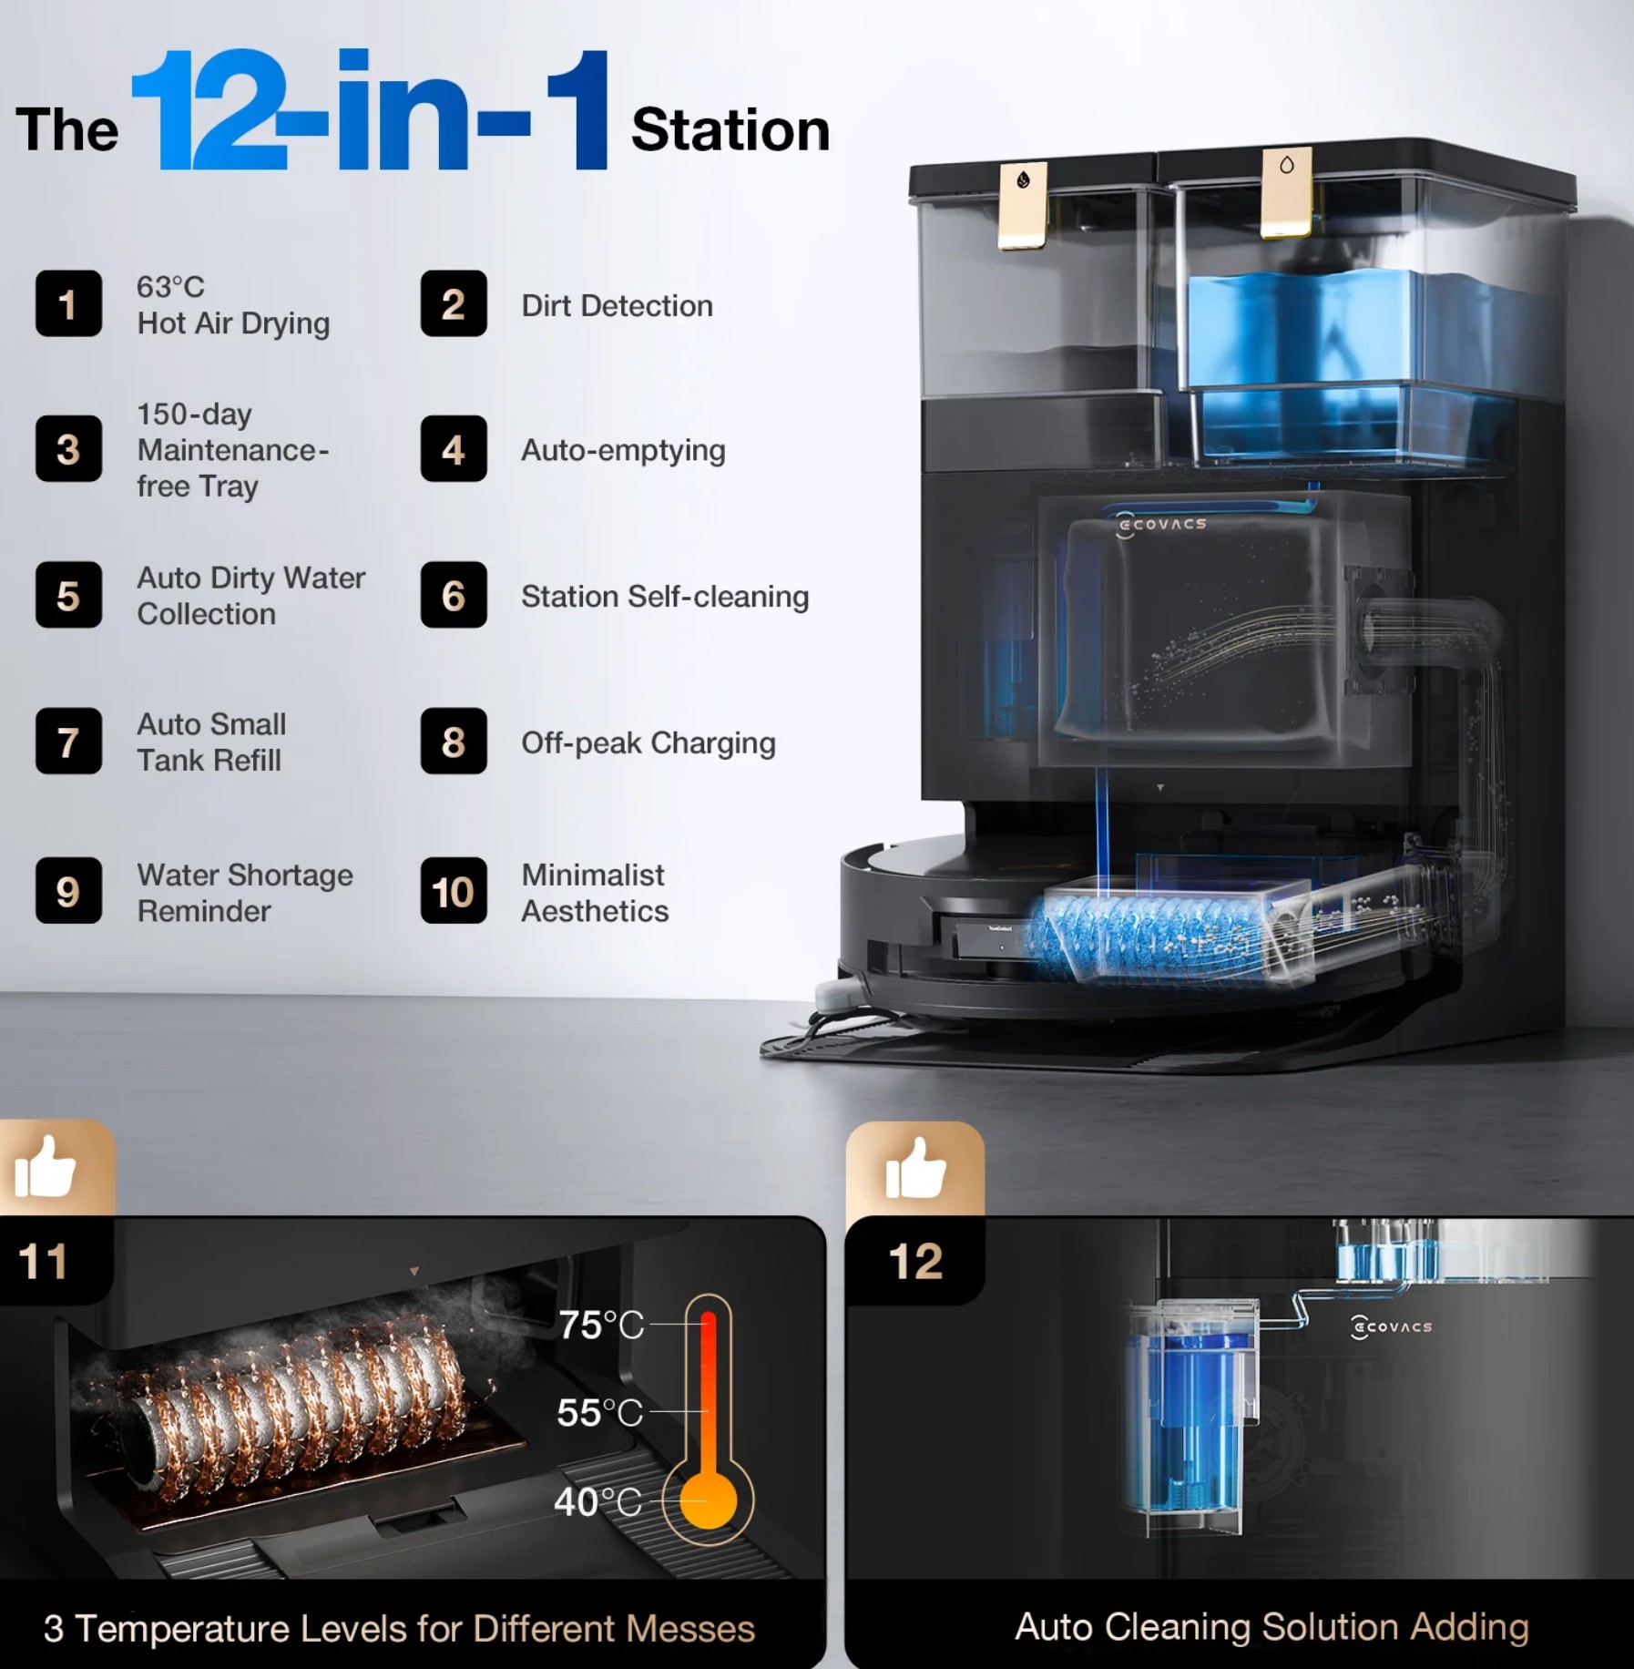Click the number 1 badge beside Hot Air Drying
coord(68,304)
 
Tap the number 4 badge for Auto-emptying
coord(454,449)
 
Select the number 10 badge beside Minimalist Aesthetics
coord(454,891)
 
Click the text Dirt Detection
coord(617,306)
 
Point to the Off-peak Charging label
coord(648,743)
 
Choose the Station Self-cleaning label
coord(665,597)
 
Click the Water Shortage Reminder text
coord(245,893)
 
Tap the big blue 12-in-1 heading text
coord(371,110)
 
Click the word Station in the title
coord(730,129)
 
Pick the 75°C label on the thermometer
coord(601,1326)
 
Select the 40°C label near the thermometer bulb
coord(597,1501)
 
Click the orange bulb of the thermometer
coord(708,1500)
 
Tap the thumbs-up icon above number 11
coord(46,1166)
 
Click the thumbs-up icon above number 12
coord(916,1168)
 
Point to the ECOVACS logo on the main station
coord(1162,524)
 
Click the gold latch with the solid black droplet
coord(1024,206)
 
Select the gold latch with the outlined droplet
coord(1286,192)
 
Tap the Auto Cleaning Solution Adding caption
coord(1271,1627)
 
